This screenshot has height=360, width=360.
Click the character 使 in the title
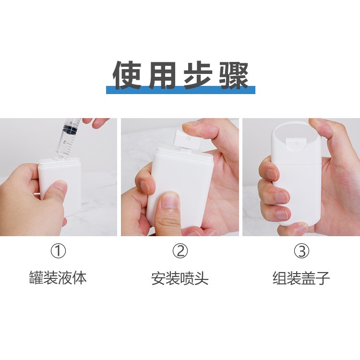pyautogui.click(x=127, y=75)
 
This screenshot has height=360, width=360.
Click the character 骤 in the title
pyautogui.click(x=234, y=75)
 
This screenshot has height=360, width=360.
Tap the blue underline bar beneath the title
pyautogui.click(x=180, y=90)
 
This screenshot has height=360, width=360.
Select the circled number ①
pyautogui.click(x=58, y=251)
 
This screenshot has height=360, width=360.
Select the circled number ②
pyautogui.click(x=180, y=251)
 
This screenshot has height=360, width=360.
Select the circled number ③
pyautogui.click(x=302, y=251)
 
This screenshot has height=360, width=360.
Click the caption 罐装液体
pyautogui.click(x=58, y=278)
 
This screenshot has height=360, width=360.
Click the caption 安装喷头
pyautogui.click(x=180, y=278)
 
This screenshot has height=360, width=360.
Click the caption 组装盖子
pyautogui.click(x=301, y=278)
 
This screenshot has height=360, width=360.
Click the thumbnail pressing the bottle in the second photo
pyautogui.click(x=169, y=200)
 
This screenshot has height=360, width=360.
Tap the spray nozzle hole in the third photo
pyautogui.click(x=296, y=143)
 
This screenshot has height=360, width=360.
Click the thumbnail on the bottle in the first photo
pyautogui.click(x=60, y=185)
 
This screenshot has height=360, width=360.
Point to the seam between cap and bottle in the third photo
pyautogui.click(x=297, y=164)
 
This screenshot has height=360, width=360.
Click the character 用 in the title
pyautogui.click(x=163, y=75)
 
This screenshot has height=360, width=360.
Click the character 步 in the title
pyautogui.click(x=198, y=75)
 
